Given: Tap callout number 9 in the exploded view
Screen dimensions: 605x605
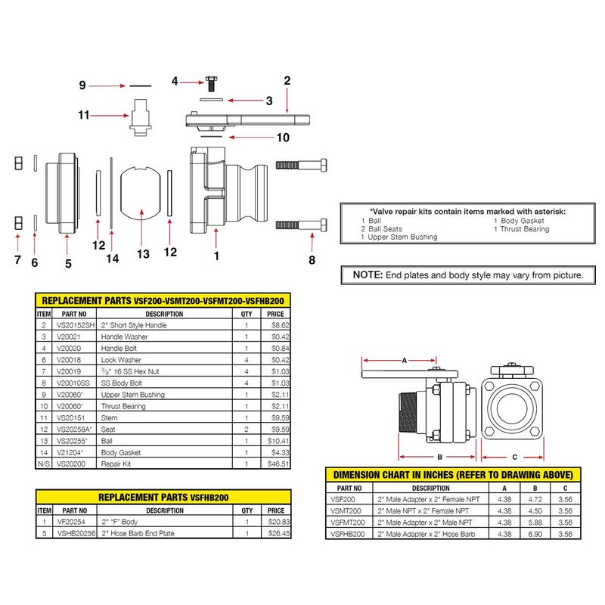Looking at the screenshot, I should click(x=83, y=85).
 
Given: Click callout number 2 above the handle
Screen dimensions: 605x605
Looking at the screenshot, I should click(x=287, y=80).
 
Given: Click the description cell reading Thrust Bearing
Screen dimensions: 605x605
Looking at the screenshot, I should click(x=124, y=406).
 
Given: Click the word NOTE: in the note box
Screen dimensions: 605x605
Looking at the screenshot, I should click(x=364, y=275).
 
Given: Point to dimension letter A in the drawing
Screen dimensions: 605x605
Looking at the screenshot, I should click(x=402, y=361).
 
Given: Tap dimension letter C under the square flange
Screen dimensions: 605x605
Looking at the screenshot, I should click(x=514, y=457).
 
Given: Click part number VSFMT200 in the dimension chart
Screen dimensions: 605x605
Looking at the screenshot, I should click(x=349, y=523).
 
